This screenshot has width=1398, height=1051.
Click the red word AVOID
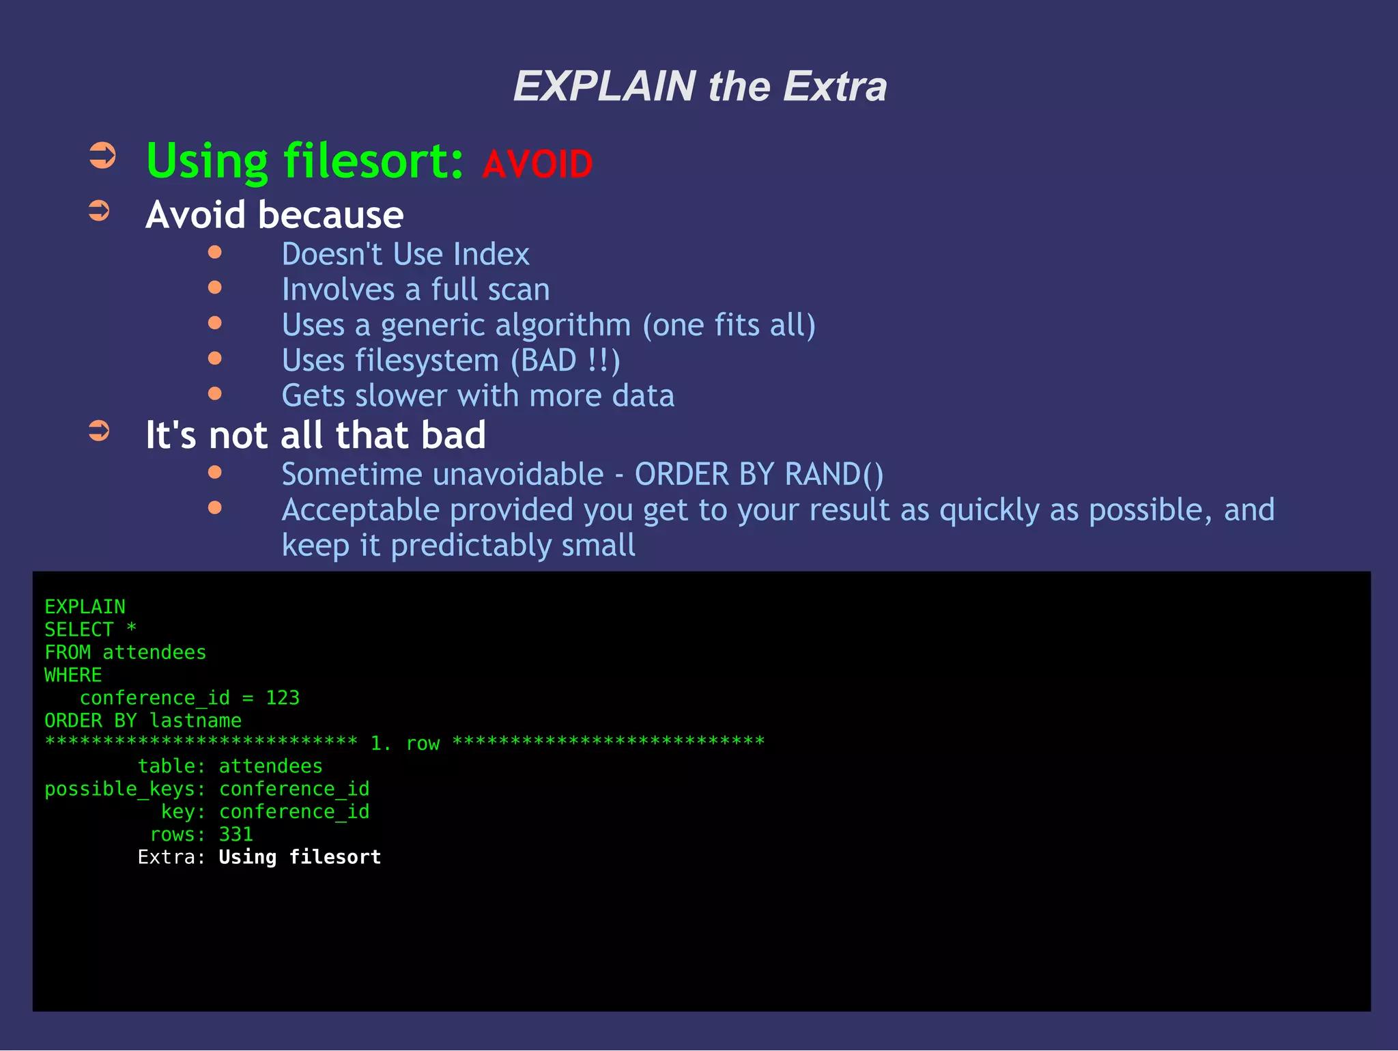click(537, 165)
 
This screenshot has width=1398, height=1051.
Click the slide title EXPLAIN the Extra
click(700, 87)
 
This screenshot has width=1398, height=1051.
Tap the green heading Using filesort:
click(305, 162)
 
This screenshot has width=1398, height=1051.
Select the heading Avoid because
click(274, 215)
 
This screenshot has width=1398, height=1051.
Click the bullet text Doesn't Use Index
click(405, 255)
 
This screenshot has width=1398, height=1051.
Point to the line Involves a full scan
click(416, 290)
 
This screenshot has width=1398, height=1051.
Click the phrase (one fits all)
click(729, 325)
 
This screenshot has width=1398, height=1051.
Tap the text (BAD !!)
click(565, 361)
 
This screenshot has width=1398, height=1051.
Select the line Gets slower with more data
click(478, 396)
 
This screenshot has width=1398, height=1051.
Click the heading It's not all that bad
click(315, 435)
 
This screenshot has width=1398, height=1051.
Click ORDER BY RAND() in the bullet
click(759, 475)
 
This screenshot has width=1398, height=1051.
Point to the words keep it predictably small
click(459, 546)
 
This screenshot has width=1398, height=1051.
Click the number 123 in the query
click(283, 698)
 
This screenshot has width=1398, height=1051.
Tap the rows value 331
click(236, 835)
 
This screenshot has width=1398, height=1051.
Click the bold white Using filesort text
click(300, 857)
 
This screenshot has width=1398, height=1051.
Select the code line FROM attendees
click(125, 653)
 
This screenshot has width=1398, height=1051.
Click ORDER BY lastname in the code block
click(143, 721)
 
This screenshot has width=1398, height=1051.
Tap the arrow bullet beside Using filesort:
click(102, 156)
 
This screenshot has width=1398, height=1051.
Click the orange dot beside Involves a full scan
click(215, 288)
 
